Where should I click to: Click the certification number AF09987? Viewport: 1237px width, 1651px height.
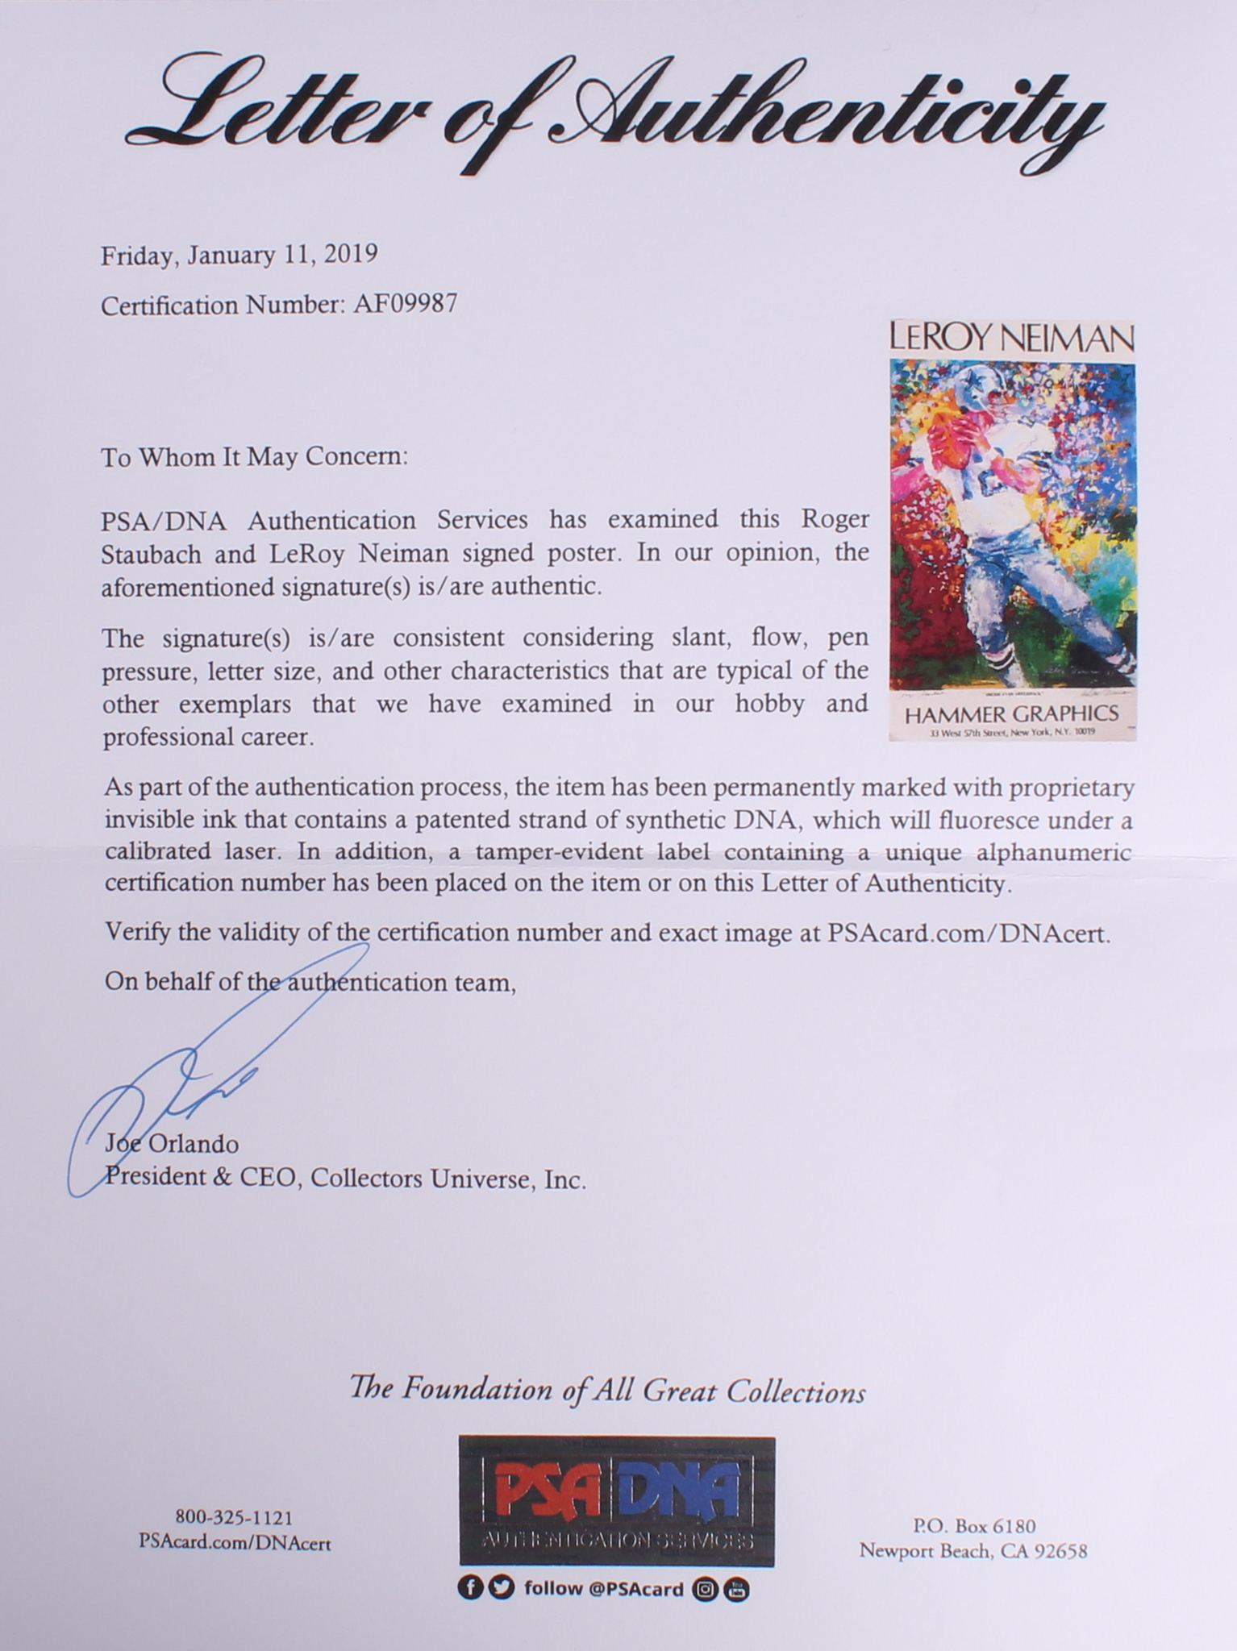[x=405, y=304]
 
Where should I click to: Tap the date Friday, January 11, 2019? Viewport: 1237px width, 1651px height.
[x=239, y=255]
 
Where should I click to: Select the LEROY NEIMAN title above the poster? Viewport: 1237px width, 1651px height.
[x=1012, y=338]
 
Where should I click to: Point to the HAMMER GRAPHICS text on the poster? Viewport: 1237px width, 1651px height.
[x=1011, y=714]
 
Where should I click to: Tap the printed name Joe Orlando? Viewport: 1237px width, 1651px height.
[x=172, y=1144]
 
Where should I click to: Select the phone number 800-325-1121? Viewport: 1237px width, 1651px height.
[x=234, y=1518]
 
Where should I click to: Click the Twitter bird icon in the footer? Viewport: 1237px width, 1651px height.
[x=502, y=1588]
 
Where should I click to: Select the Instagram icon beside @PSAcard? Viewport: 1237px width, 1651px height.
[x=706, y=1590]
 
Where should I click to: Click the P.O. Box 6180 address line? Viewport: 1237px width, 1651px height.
[x=973, y=1526]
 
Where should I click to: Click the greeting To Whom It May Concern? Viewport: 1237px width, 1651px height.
[x=254, y=457]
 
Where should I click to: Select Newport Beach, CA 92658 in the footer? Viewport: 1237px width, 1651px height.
[x=973, y=1551]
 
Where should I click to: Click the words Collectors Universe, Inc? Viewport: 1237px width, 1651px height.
[x=448, y=1180]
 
